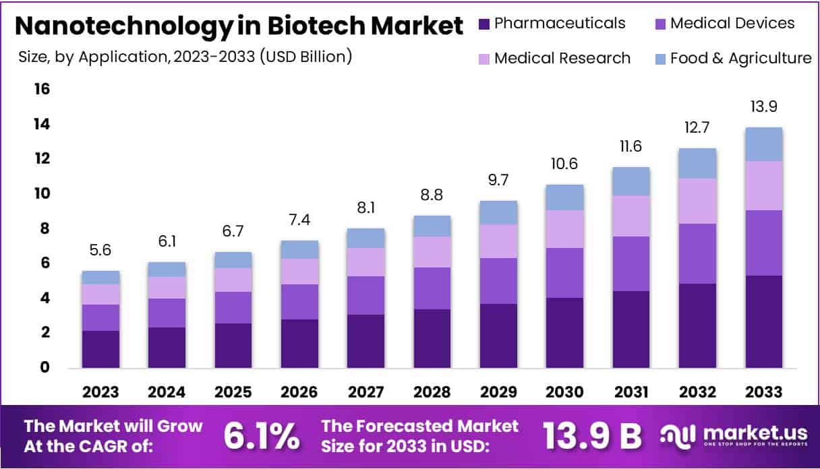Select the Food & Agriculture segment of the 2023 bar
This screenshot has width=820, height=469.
click(x=100, y=277)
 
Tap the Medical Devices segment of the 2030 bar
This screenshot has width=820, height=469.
click(x=564, y=273)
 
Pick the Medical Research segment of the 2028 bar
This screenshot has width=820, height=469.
click(x=432, y=252)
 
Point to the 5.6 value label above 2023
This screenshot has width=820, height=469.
click(x=100, y=251)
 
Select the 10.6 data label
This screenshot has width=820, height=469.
click(x=564, y=164)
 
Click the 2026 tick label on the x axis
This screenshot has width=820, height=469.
click(x=299, y=392)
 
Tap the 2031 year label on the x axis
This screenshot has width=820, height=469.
click(x=631, y=392)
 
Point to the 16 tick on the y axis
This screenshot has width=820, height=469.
click(x=42, y=90)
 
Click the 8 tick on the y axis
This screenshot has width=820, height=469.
click(x=45, y=228)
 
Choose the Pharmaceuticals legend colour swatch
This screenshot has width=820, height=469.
click(x=484, y=24)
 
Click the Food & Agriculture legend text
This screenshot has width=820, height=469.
click(x=740, y=59)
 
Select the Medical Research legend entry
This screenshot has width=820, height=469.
click(x=562, y=59)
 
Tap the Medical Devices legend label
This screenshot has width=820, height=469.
click(x=732, y=24)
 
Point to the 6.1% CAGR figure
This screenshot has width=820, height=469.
click(x=261, y=436)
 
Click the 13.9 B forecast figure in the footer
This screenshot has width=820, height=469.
click(x=591, y=436)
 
